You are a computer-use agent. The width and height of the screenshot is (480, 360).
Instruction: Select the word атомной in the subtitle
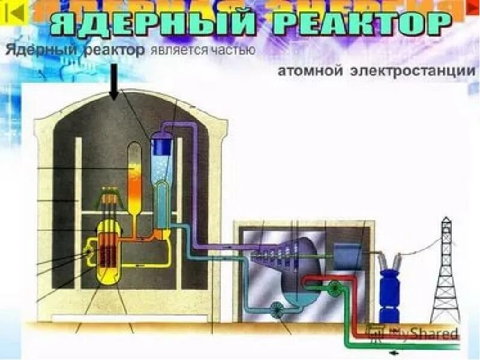310,71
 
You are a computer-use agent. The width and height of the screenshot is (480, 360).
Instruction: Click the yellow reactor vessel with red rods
109,249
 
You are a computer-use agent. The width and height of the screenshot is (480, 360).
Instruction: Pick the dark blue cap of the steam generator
161,144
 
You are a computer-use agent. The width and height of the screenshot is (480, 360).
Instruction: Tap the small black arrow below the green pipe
393,353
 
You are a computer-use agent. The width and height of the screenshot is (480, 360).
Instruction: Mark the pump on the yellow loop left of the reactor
91,256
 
